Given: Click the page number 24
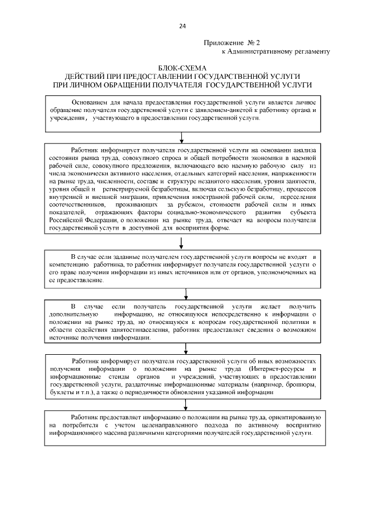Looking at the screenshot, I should [182, 26].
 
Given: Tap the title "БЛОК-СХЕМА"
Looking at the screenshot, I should [182, 68].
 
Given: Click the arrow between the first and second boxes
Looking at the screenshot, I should [181, 137].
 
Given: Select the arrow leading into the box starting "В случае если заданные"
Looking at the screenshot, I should [181, 243].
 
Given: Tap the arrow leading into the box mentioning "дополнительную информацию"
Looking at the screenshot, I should [186, 294].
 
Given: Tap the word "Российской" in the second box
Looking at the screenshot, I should [66, 220].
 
